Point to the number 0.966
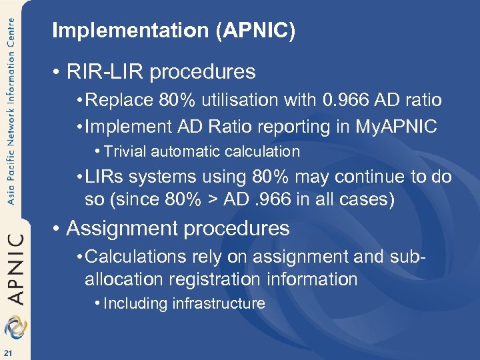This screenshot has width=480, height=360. [x=349, y=101]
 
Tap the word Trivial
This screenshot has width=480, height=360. [x=127, y=151]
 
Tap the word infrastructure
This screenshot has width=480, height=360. [x=219, y=304]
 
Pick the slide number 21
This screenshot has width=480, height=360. [x=8, y=352]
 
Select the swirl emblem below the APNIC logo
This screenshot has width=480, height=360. [x=15, y=328]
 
